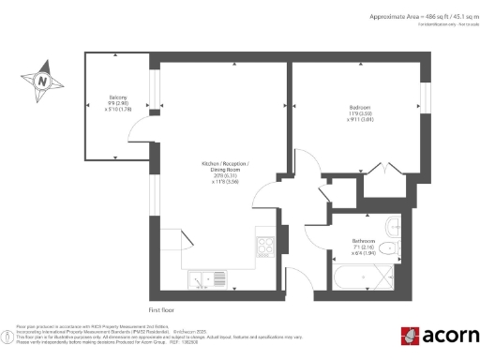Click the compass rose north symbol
pos(43,81)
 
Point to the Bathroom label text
pos(365,241)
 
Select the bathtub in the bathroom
pos(361,278)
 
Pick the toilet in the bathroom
pos(395,247)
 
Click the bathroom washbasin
pos(392,226)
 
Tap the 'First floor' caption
pos(161,308)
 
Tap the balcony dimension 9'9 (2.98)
pos(117,102)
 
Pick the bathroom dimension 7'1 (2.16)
pos(364,247)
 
